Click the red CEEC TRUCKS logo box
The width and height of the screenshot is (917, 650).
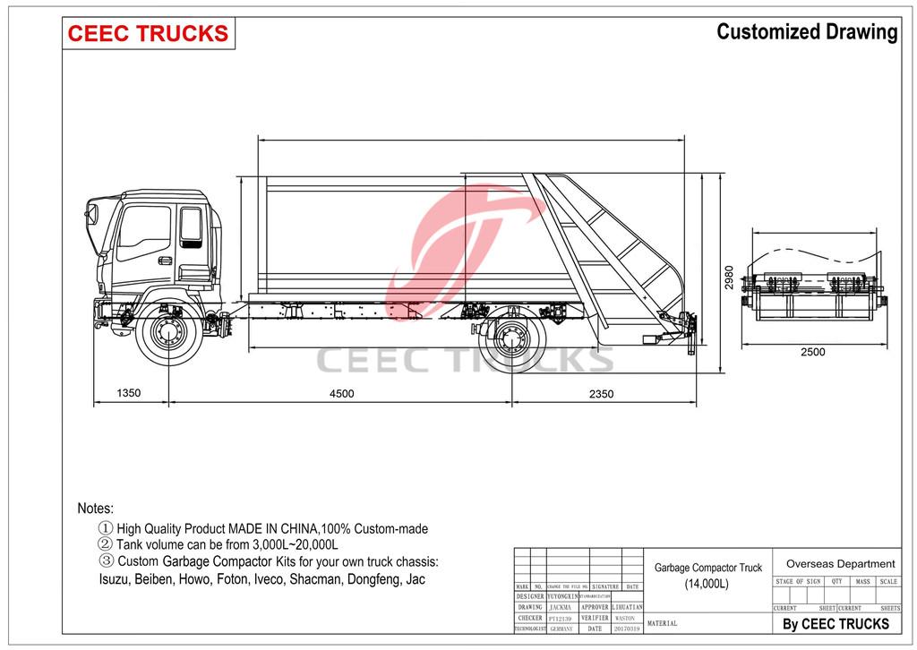[x=148, y=33]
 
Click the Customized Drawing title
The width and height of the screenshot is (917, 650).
[x=806, y=32]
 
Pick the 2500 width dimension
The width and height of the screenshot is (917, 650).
[x=812, y=352]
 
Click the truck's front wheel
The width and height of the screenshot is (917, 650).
[x=168, y=336]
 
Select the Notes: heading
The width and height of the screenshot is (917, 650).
[x=96, y=509]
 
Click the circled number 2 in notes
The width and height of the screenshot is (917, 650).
[x=105, y=544]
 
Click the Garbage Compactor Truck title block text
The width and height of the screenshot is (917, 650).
[x=707, y=568]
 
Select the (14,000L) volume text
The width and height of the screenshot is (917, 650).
[x=707, y=585]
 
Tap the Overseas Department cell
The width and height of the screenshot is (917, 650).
[x=840, y=564]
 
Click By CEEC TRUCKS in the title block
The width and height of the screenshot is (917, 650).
[x=836, y=624]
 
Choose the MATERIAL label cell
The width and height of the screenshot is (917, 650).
[x=662, y=623]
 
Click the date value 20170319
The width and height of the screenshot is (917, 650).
[x=626, y=629]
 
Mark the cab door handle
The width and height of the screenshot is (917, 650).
[x=164, y=261]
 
